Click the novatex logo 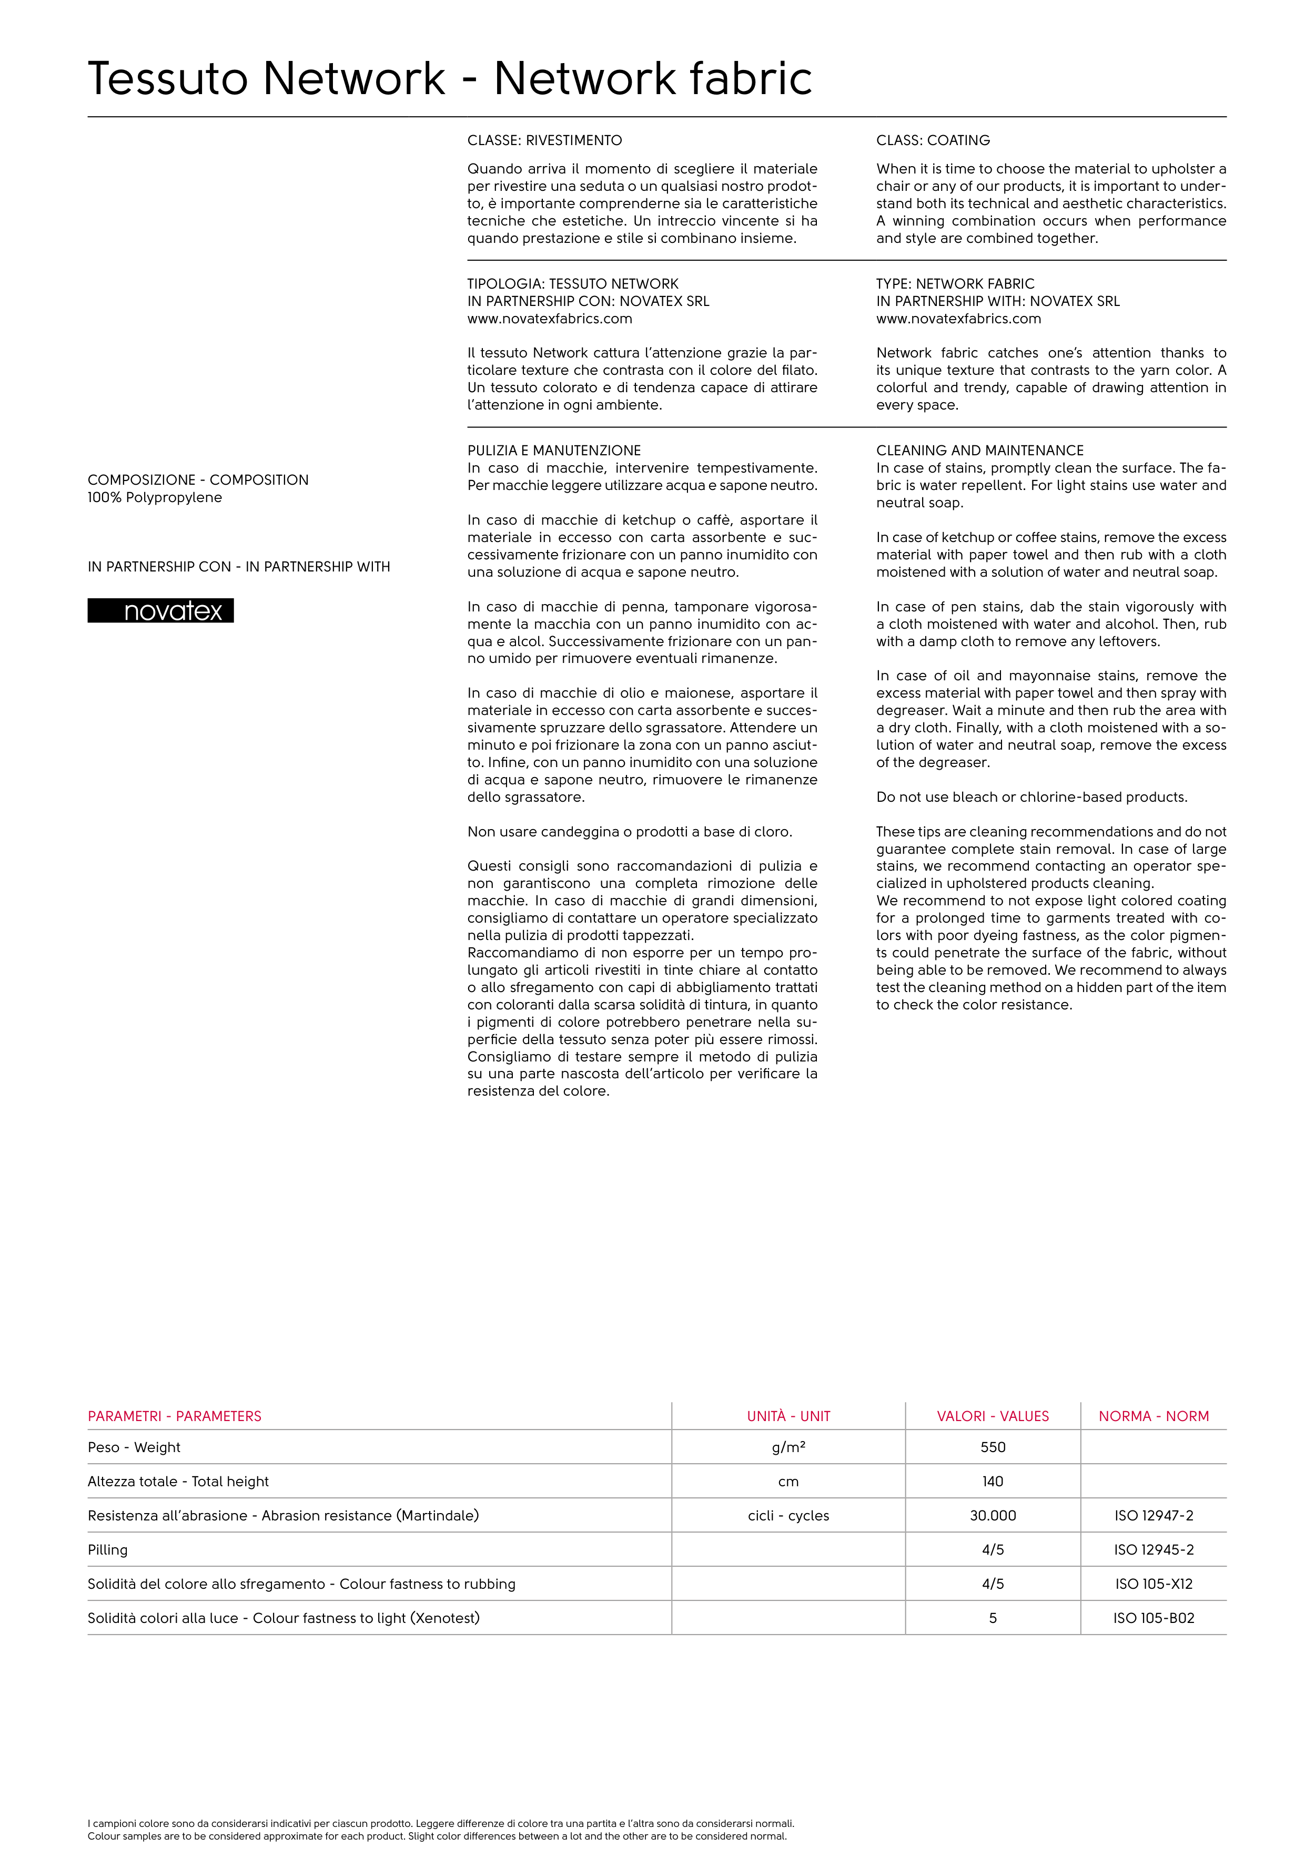pos(160,610)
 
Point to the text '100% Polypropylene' pos(155,497)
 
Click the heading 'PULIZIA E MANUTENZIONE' pos(554,450)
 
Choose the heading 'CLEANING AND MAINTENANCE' pos(979,450)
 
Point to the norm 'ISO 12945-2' pos(1154,1549)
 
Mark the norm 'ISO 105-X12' pos(1154,1584)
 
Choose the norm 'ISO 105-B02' pos(1154,1618)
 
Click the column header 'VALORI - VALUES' pos(993,1416)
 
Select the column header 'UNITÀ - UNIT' pos(788,1416)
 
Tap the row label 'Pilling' pos(107,1549)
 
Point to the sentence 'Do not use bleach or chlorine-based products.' pos(1031,797)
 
